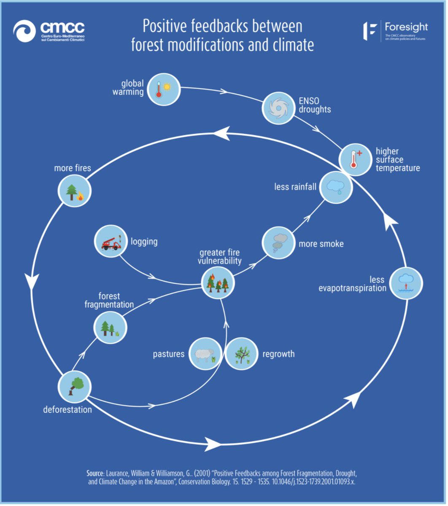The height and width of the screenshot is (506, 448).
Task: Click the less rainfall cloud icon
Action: [x=336, y=186]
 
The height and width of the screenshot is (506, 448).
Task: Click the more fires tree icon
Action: [x=73, y=191]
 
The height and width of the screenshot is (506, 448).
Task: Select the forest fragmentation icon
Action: [x=108, y=327]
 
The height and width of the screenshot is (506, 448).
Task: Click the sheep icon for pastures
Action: [x=205, y=354]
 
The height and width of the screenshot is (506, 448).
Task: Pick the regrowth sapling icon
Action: [x=241, y=354]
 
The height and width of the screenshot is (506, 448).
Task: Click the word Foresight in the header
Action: [x=406, y=27]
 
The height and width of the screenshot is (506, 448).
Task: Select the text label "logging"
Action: [x=144, y=242]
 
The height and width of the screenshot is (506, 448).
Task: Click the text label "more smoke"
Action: [x=321, y=244]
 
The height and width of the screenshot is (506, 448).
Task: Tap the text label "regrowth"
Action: [x=278, y=354]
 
